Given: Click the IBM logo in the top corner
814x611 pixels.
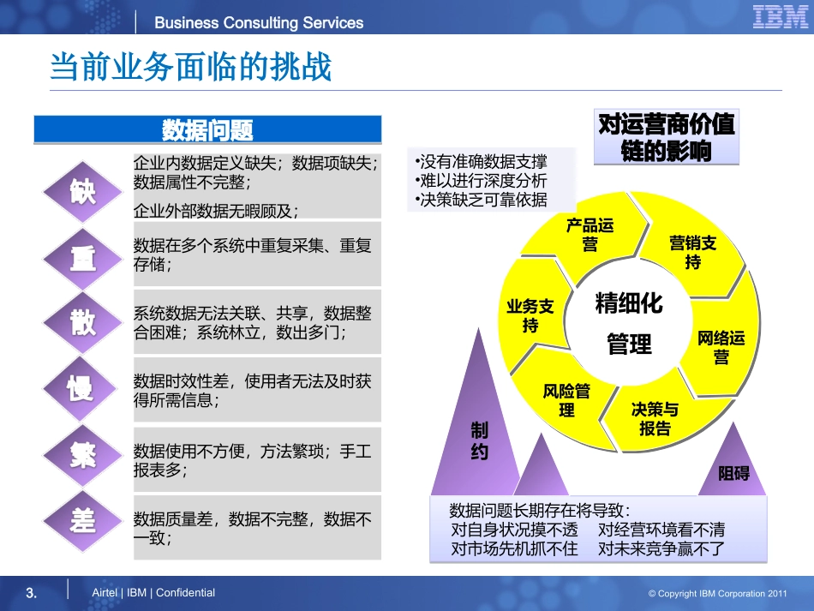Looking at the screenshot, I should tap(781, 18).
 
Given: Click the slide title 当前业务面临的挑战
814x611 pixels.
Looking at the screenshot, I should tap(190, 67).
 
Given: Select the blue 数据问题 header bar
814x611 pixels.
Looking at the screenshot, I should tap(207, 130).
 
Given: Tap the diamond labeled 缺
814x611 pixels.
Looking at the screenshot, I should tap(83, 191).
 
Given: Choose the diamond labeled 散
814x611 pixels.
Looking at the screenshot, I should tap(83, 323).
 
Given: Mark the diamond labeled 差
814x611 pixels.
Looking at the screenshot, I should tap(83, 519).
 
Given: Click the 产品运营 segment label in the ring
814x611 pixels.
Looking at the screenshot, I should tap(590, 235).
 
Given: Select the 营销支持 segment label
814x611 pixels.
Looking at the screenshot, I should tap(692, 252).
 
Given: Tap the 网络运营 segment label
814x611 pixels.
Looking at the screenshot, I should tap(721, 347).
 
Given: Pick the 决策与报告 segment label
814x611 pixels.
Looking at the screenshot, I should tap(655, 419).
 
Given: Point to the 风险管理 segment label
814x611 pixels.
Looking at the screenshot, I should tap(566, 400).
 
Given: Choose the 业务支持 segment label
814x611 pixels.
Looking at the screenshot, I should tap(530, 315).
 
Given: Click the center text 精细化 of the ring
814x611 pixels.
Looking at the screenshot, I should tap(629, 303).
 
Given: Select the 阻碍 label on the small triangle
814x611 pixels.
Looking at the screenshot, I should tap(733, 473).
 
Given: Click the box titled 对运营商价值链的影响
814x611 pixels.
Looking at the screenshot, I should tap(666, 137).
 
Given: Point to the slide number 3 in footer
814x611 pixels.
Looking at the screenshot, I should tap(32, 592).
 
